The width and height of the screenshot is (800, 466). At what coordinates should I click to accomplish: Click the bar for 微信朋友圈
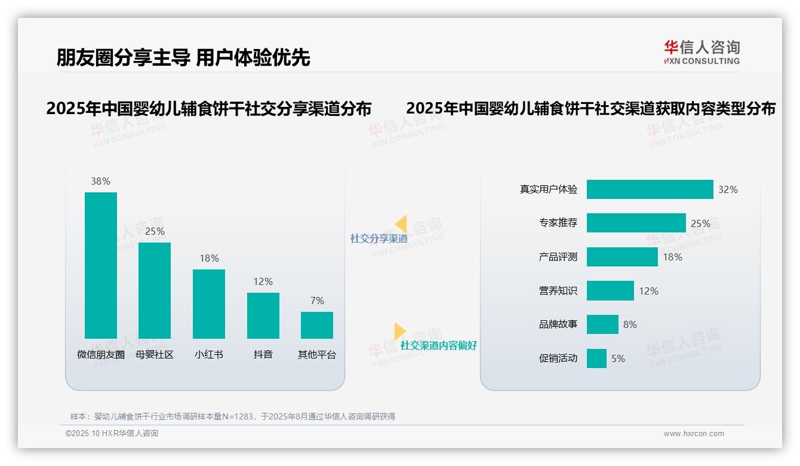[101, 265]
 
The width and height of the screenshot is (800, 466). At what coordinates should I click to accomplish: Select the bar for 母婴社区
[155, 290]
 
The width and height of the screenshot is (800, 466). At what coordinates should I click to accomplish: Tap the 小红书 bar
[209, 303]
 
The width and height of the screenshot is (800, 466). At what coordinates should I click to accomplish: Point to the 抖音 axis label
[263, 354]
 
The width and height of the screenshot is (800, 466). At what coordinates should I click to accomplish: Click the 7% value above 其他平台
[317, 301]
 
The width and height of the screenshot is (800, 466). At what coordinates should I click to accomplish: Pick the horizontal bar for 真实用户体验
[650, 189]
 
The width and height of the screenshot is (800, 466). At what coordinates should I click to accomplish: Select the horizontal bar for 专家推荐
[636, 223]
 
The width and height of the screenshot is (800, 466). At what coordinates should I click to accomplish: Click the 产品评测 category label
[558, 257]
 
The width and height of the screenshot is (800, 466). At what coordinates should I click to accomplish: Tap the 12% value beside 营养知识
[648, 291]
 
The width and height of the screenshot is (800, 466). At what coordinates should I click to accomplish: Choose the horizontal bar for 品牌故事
[602, 324]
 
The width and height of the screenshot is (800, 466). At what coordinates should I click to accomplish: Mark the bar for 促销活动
[596, 358]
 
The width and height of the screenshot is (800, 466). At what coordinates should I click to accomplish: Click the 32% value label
[728, 189]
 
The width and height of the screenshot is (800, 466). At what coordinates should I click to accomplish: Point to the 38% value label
[100, 181]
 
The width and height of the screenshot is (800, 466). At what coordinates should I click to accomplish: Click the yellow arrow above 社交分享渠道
[401, 223]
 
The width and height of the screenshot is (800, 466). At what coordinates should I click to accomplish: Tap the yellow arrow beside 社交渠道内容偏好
[399, 331]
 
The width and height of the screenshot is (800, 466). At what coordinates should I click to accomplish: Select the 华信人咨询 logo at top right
[701, 53]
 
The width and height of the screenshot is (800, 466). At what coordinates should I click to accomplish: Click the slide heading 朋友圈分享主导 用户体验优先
[183, 57]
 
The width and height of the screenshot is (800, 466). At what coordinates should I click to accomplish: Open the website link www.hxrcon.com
[694, 434]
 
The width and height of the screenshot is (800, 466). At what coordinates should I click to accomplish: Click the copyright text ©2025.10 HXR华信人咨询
[112, 434]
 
